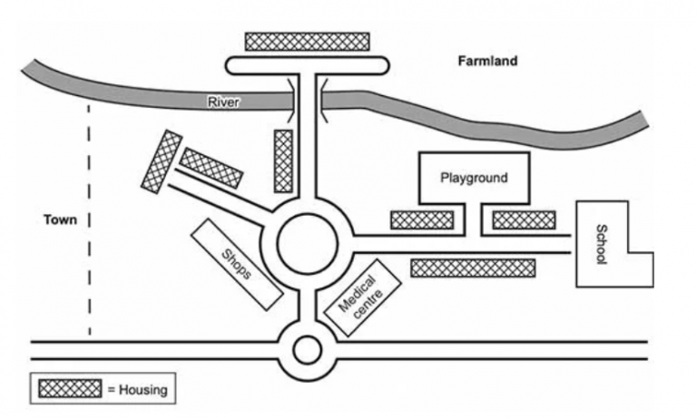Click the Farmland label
[486, 62]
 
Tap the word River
[223, 102]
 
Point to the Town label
[59, 220]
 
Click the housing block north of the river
[308, 41]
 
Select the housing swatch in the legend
[70, 389]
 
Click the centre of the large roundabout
[309, 243]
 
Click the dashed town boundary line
[89, 218]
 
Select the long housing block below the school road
[473, 268]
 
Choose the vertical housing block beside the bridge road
[283, 161]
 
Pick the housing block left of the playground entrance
[421, 219]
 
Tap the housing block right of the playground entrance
[524, 219]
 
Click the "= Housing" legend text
[137, 390]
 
